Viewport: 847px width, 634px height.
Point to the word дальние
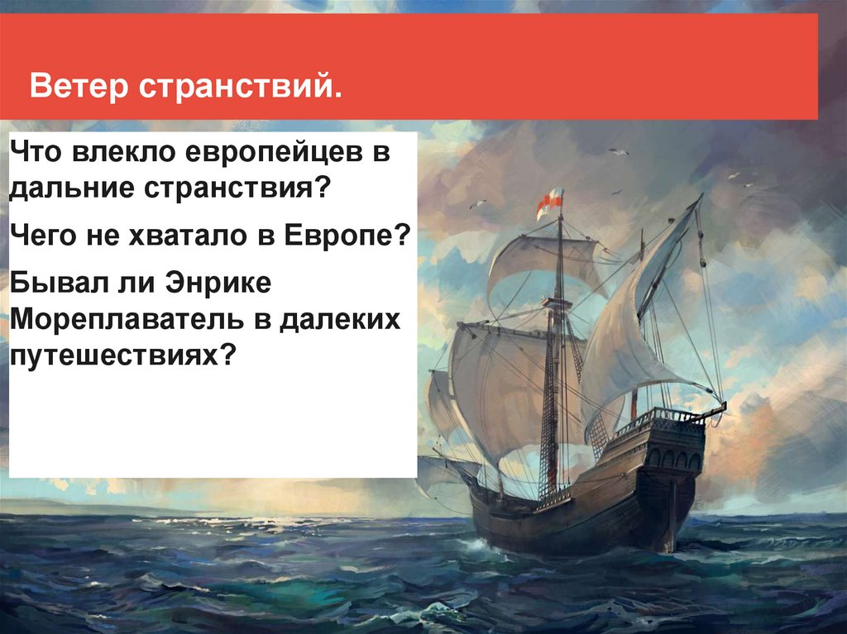(72, 188)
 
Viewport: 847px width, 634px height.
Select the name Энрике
(218, 283)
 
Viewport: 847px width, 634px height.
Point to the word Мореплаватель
(127, 319)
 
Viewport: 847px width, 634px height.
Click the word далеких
(340, 319)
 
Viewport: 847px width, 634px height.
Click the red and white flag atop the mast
(550, 203)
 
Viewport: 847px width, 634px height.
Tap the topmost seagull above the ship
(620, 152)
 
